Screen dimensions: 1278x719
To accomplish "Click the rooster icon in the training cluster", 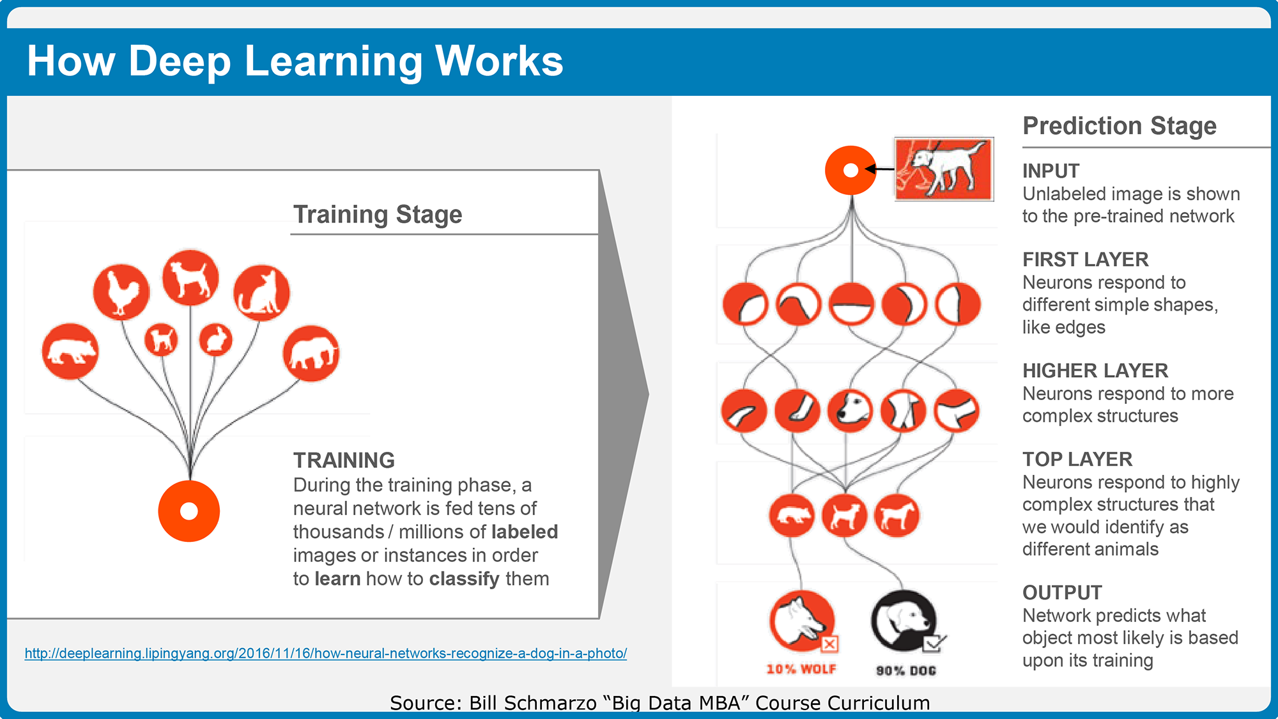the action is [121, 291].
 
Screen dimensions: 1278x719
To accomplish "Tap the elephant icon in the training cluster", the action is [311, 353].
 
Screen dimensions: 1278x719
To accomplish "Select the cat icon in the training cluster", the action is [261, 293].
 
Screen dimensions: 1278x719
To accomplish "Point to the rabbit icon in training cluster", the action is [216, 339].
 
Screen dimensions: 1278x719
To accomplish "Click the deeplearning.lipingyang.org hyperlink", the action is [326, 653].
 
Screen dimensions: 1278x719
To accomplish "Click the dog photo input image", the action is [944, 169].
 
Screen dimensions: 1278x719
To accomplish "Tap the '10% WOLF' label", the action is [801, 669].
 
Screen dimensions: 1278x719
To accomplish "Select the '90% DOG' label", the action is [906, 670].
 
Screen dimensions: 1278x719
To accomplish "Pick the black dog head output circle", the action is [904, 621].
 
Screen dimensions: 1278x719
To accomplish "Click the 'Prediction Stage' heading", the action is [1120, 126].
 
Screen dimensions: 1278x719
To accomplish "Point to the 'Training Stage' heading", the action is [378, 214].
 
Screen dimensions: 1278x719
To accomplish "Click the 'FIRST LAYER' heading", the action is [1086, 259].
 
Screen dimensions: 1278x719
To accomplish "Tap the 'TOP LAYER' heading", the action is [1077, 459].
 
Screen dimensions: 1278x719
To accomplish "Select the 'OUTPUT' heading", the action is [1062, 592].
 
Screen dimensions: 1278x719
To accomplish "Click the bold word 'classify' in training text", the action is [465, 578].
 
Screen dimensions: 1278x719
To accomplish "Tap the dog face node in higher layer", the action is [850, 410].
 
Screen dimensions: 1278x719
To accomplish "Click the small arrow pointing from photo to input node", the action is [879, 169].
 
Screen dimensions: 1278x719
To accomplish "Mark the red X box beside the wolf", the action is [829, 644].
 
